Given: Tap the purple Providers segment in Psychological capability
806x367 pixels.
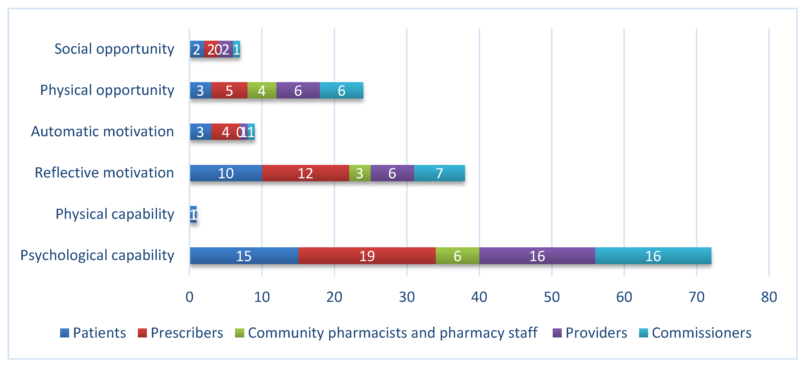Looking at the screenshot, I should pyautogui.click(x=537, y=256).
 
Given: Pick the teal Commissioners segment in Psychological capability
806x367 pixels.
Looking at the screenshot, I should pyautogui.click(x=653, y=256).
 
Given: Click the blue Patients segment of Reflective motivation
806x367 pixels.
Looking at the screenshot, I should pyautogui.click(x=226, y=173).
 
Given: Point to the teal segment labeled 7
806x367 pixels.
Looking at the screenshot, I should pyautogui.click(x=439, y=173).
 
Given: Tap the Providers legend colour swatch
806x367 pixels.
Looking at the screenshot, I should pyautogui.click(x=557, y=333).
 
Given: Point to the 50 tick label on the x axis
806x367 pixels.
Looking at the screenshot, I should pyautogui.click(x=551, y=297).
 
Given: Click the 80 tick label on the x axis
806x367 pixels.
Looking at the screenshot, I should pyautogui.click(x=769, y=297).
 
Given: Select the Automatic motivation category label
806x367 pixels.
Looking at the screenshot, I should pyautogui.click(x=102, y=132).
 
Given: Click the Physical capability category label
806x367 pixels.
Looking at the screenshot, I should pyautogui.click(x=115, y=214).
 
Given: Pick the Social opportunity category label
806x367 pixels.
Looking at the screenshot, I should pyautogui.click(x=114, y=49).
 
